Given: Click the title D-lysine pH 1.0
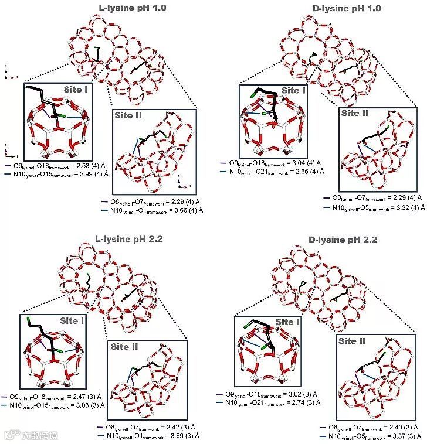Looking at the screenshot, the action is click(x=344, y=8).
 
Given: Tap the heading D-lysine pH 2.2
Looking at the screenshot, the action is click(x=344, y=240).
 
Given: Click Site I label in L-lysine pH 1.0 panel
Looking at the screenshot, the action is click(x=77, y=90).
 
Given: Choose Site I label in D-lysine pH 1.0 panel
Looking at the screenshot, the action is click(x=294, y=90).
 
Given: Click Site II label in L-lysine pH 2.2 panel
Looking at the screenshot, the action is click(x=126, y=347).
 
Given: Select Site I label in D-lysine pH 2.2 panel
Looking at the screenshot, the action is click(x=288, y=322).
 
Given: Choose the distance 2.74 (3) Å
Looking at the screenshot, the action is click(x=303, y=403).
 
